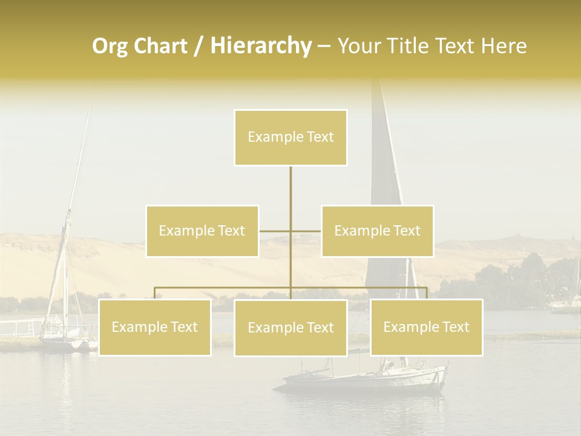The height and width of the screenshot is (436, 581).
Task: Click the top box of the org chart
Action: point(290,137)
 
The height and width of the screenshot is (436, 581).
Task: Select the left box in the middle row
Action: point(202,231)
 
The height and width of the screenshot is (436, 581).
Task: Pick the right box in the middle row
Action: point(377,231)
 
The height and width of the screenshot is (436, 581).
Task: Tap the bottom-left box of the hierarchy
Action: point(154,327)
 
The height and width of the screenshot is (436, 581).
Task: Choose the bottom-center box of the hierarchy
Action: point(290,328)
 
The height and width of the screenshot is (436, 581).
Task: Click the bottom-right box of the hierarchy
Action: point(426,327)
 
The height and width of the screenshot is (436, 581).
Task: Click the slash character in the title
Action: point(199,46)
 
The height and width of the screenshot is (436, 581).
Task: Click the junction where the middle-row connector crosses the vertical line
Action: point(290,231)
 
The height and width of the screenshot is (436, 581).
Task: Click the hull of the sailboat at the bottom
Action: point(363,381)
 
